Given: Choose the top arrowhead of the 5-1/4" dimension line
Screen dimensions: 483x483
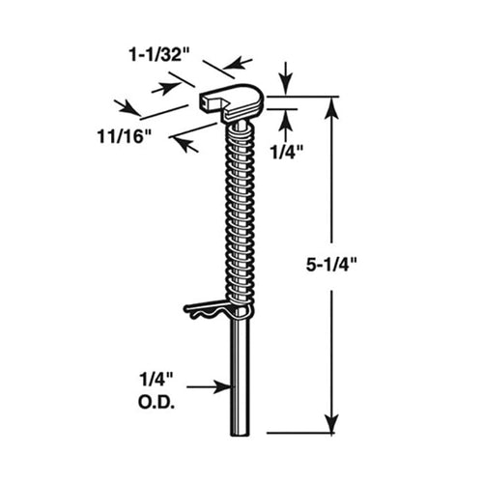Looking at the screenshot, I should coord(333,102).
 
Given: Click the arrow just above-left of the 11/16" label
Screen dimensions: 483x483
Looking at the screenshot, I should coord(121,104).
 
